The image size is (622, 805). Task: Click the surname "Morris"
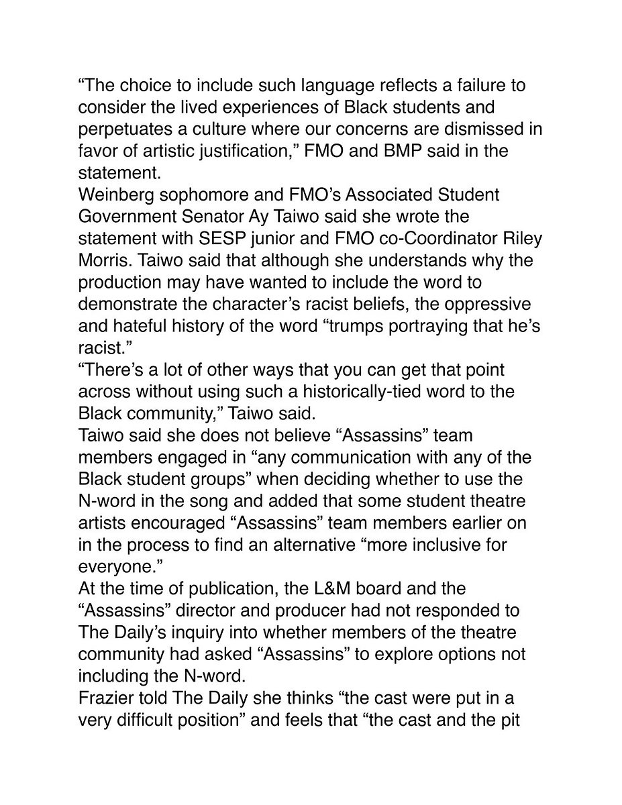(103, 262)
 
